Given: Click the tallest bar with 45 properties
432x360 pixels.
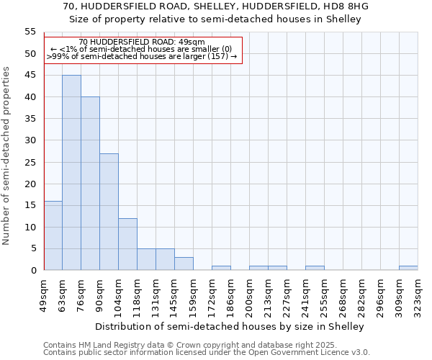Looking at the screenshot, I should click(71, 173).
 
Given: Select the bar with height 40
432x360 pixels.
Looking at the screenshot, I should click(90, 184).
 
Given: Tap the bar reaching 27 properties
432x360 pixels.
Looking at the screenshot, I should click(109, 212).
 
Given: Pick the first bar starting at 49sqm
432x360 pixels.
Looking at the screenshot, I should click(53, 235).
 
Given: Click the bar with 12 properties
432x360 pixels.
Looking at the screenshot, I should click(127, 244).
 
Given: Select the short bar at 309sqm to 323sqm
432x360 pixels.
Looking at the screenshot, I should click(408, 268).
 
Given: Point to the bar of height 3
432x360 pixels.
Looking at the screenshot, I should click(184, 264).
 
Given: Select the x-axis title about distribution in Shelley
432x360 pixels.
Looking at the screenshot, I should click(230, 326).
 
